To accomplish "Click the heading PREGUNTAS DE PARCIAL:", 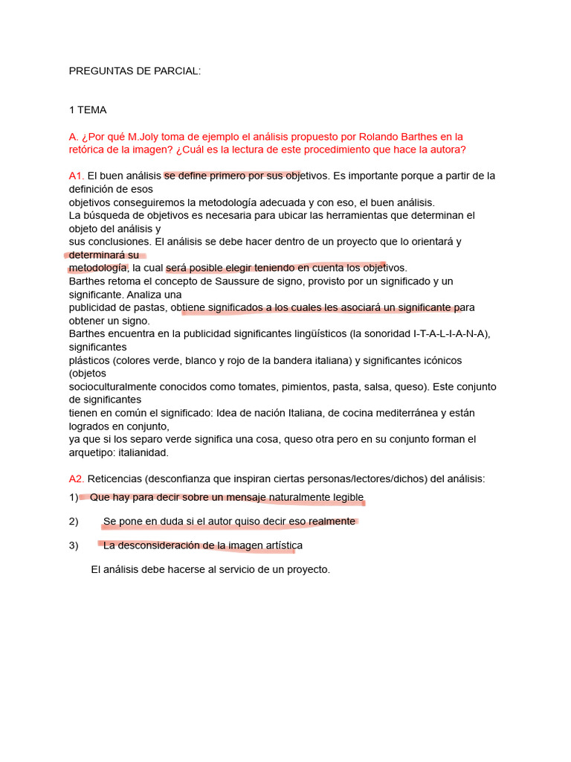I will [x=135, y=71].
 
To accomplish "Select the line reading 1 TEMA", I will [x=88, y=110].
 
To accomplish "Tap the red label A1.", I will [x=76, y=176].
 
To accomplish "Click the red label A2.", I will [x=76, y=478].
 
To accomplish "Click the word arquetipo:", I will [x=91, y=452].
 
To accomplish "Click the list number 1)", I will [x=74, y=497].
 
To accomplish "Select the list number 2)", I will [x=74, y=522].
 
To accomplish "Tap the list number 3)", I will [x=74, y=545].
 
